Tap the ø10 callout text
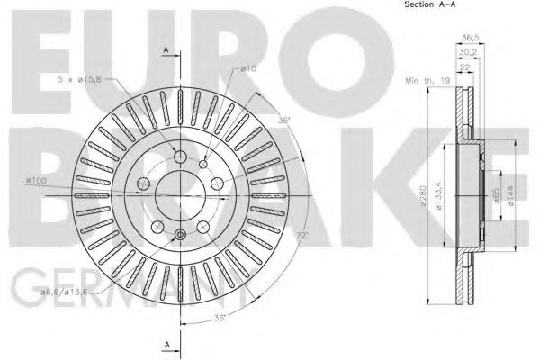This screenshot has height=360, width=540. click(x=248, y=68)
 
